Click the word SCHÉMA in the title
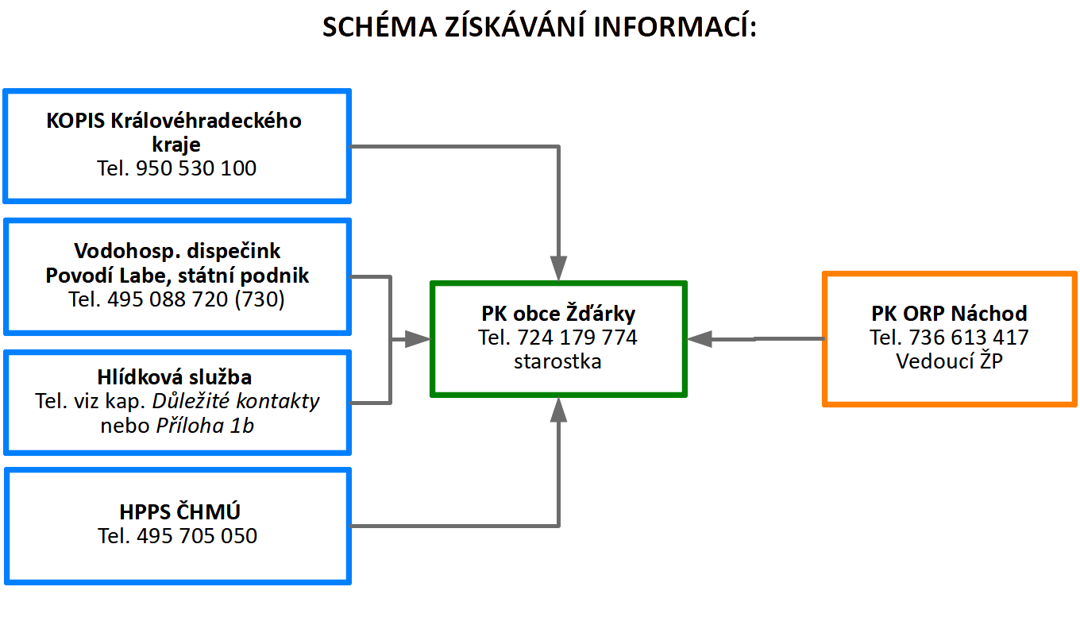pos(380,26)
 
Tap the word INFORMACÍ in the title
pos(674,26)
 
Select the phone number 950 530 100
pos(195,168)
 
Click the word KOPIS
pos(75,121)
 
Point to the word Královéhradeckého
pos(206,121)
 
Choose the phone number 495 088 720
pos(168,299)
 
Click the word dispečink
pos(233,251)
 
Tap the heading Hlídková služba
pos(175,377)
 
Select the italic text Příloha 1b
pos(205,426)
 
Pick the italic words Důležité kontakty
pos(236,401)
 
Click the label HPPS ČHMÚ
pos(179,511)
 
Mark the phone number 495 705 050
pos(197,536)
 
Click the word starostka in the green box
pos(557,361)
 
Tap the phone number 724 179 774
pos(577,337)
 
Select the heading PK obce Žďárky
pos(558,313)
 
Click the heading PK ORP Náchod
pos(949,314)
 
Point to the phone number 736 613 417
pos(969,337)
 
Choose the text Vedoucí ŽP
pos(949,361)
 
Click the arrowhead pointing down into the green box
pos(558,268)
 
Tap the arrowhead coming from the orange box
pos(700,339)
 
